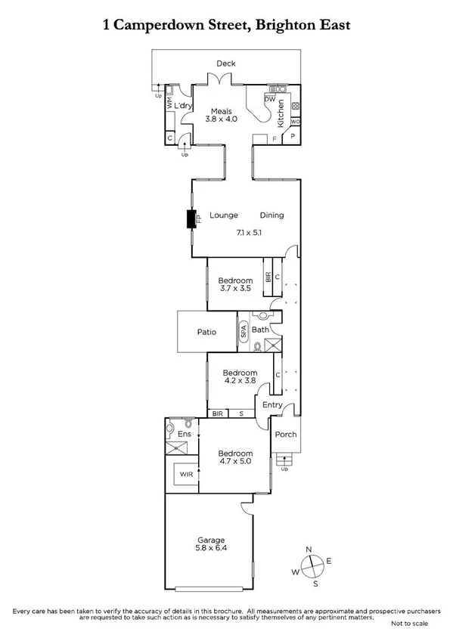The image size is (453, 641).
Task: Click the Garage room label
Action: pyautogui.click(x=212, y=540)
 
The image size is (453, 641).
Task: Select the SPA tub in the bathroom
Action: pyautogui.click(x=244, y=330)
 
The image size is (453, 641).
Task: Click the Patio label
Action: pyautogui.click(x=206, y=332)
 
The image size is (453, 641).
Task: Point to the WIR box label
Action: pyautogui.click(x=185, y=474)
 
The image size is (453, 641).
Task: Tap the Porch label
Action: pyautogui.click(x=286, y=435)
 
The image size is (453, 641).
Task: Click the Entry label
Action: pyautogui.click(x=271, y=405)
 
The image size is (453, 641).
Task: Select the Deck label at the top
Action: pyautogui.click(x=226, y=63)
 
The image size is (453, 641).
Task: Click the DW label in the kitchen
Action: pyautogui.click(x=269, y=99)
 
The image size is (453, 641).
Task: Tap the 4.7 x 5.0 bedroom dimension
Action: pyautogui.click(x=234, y=457)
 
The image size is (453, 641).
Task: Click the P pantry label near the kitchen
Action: pyautogui.click(x=293, y=137)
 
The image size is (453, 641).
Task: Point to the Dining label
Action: pyautogui.click(x=271, y=215)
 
